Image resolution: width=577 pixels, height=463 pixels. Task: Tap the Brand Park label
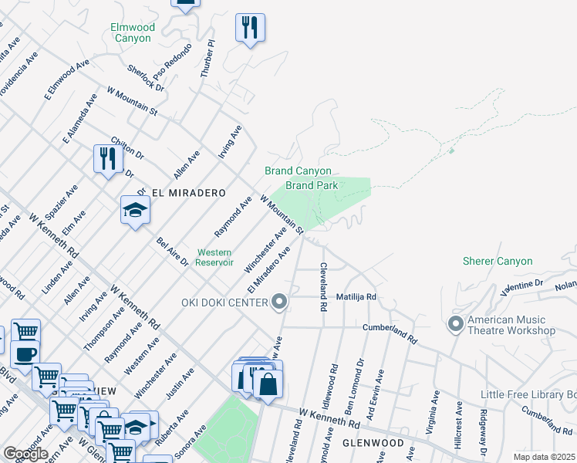311,185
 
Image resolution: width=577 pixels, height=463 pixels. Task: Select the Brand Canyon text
298,171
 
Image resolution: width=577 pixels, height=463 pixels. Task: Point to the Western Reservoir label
215,257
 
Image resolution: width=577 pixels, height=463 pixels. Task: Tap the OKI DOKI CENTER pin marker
279,302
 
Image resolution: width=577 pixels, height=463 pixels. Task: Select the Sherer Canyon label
498,262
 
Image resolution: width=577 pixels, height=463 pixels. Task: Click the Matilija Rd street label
356,296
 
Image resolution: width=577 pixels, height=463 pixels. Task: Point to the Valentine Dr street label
522,285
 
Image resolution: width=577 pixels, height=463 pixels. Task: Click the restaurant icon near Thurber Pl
250,28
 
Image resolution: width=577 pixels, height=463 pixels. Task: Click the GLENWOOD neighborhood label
373,444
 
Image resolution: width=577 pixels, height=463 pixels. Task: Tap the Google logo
25,454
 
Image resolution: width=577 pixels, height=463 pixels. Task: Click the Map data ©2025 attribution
545,457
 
